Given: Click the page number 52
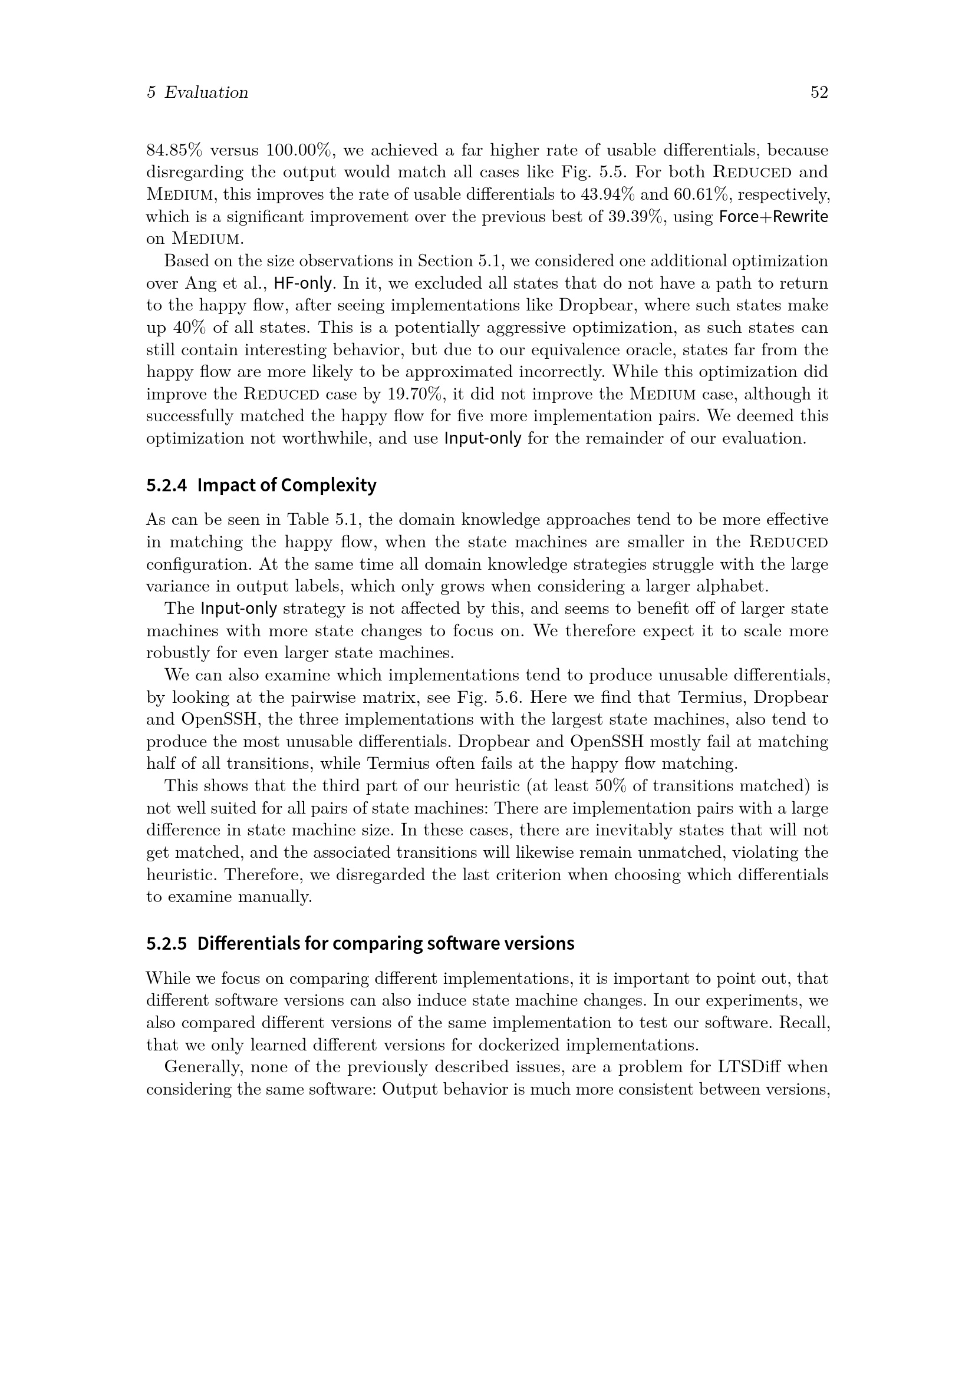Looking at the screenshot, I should pos(819,92).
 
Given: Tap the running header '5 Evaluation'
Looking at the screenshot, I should pos(197,92).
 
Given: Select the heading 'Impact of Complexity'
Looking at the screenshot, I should pos(286,485).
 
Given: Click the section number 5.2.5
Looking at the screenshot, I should pos(167,943).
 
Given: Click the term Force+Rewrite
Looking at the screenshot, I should pos(773,217).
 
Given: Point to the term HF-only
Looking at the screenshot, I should pos(304,283).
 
